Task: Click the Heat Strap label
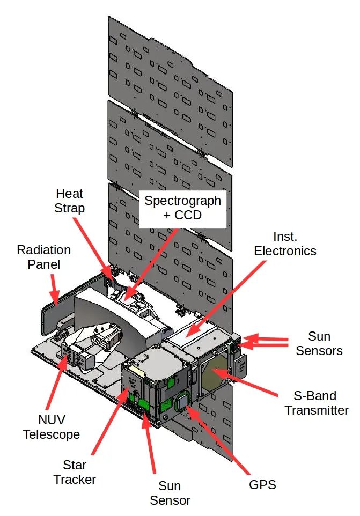click(x=69, y=201)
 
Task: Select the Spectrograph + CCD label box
click(x=182, y=209)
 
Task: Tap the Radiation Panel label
click(x=44, y=257)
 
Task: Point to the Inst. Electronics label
click(x=285, y=244)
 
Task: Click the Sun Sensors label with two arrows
click(x=319, y=343)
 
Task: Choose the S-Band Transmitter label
click(x=316, y=403)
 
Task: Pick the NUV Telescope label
click(x=52, y=427)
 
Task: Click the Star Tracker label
click(x=75, y=472)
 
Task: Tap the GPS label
click(x=262, y=484)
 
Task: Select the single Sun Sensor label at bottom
click(x=170, y=493)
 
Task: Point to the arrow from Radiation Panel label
click(x=55, y=289)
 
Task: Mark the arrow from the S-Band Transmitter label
click(x=245, y=382)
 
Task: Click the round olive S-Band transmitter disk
click(x=215, y=373)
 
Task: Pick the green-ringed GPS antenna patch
click(x=182, y=401)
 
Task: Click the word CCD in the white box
click(x=188, y=215)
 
